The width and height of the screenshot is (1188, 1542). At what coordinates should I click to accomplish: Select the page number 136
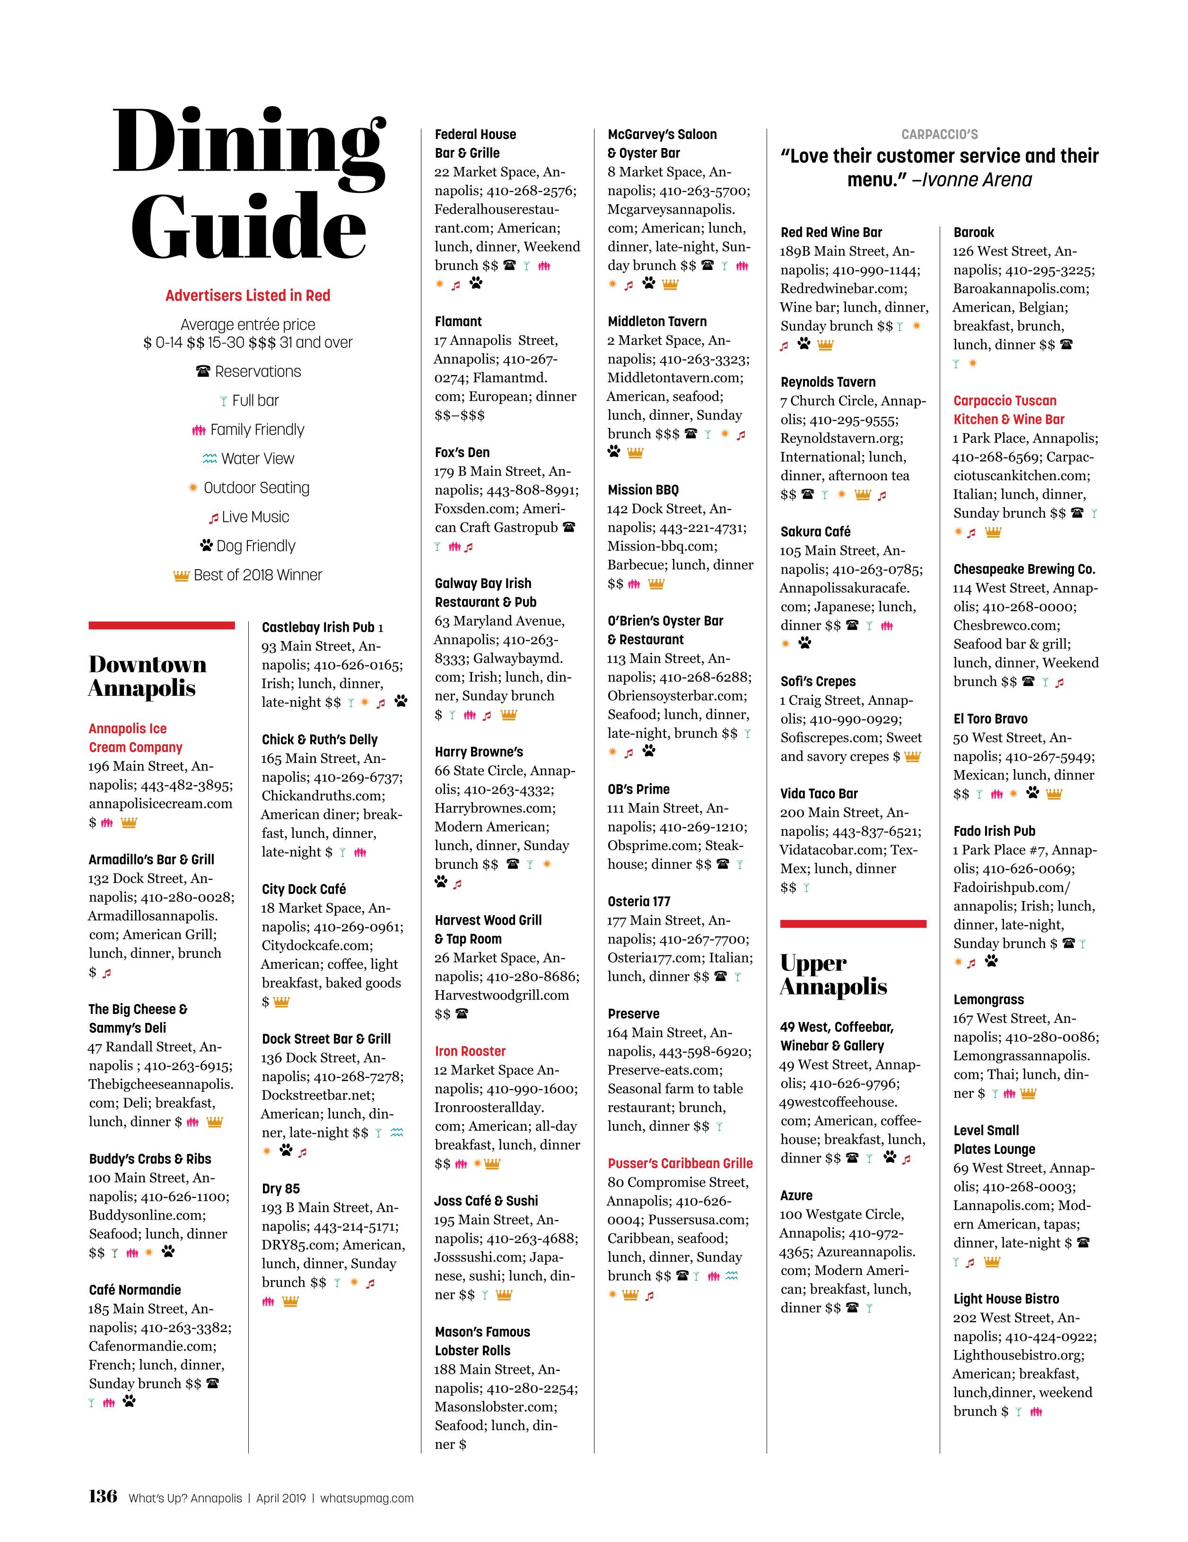pos(103,1496)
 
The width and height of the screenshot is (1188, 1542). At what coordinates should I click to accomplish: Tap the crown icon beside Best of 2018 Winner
pos(182,575)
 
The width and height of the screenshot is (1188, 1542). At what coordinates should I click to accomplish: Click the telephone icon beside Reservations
pos(203,372)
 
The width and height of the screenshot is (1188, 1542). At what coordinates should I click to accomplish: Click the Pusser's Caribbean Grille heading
pos(680,1163)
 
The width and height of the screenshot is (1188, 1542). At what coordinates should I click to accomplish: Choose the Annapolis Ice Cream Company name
pos(136,738)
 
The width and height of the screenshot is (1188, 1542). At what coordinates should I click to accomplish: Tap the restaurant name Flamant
pos(458,321)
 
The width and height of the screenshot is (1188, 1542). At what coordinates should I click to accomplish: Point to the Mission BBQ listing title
pos(643,490)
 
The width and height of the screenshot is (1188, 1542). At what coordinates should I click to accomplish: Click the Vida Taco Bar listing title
pos(819,794)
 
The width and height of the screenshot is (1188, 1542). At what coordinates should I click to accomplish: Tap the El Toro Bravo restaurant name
pos(990,719)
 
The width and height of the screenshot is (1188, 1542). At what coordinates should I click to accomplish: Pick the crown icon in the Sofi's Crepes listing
pos(913,757)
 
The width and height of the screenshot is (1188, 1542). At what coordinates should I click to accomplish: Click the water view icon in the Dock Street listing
pos(397,1133)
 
